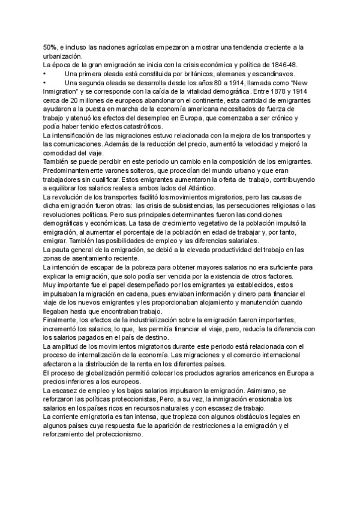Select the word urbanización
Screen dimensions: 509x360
click(63, 55)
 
